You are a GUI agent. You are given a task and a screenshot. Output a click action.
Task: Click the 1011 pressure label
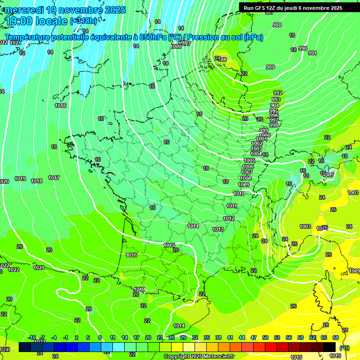point(232,206)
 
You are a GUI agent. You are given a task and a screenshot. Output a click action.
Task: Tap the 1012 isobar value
point(229,218)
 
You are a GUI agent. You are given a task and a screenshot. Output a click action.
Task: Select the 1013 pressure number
point(218,229)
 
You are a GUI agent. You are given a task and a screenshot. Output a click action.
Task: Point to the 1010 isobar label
point(239,194)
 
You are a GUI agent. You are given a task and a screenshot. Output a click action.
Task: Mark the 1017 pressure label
point(54,178)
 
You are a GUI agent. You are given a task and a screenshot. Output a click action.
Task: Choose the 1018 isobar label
point(37,181)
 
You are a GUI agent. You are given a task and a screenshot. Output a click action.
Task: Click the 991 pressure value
point(313,53)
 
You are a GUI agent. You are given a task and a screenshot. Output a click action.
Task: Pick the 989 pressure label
point(270,67)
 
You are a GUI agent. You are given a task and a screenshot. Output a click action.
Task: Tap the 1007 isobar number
point(247,172)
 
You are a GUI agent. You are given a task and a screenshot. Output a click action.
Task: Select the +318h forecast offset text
point(84,21)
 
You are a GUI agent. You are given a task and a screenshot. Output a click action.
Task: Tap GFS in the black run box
point(259,8)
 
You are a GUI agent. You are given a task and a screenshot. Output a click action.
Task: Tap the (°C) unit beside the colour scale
point(344,348)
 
